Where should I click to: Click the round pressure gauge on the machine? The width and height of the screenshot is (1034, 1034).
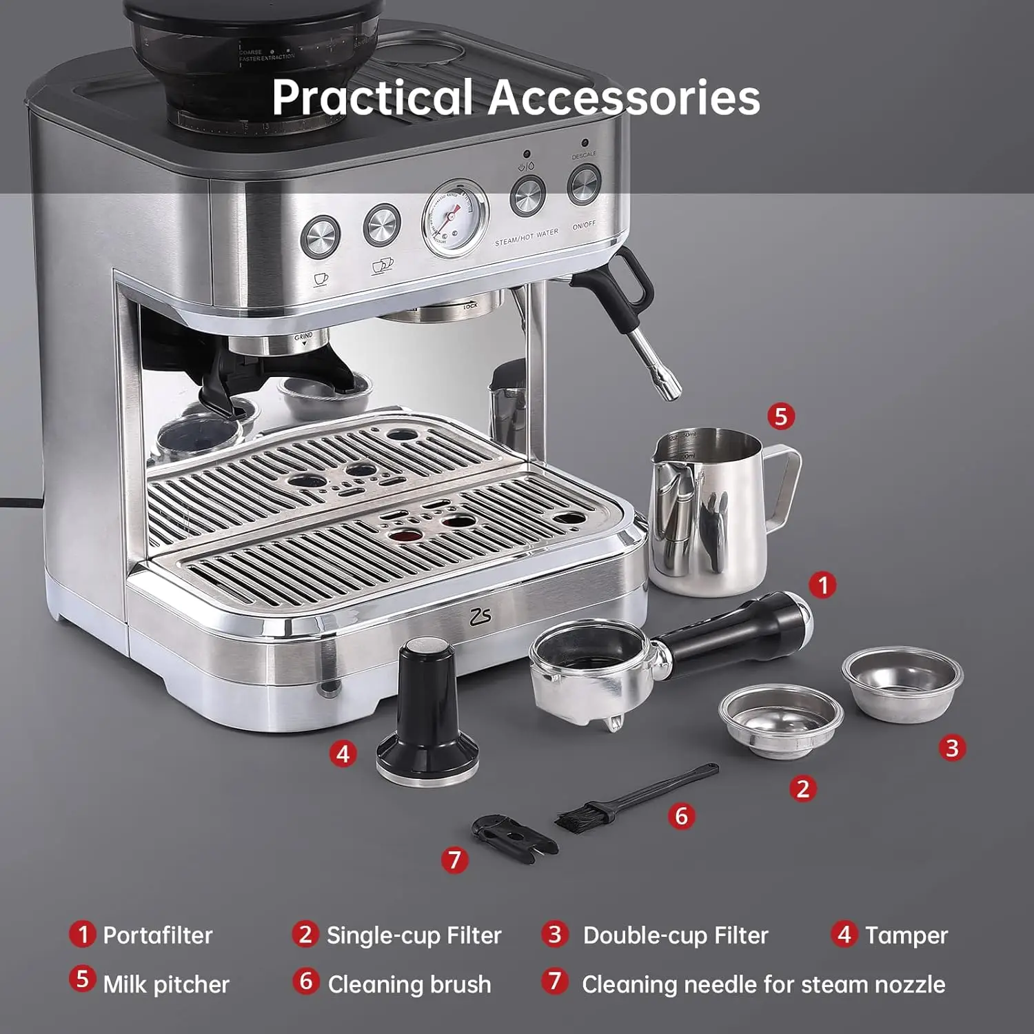[454, 217]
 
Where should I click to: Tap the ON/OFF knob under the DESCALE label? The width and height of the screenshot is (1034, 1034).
[584, 185]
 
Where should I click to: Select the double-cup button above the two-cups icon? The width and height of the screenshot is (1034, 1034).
[382, 225]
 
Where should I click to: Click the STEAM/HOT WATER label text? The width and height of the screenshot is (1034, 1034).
[527, 238]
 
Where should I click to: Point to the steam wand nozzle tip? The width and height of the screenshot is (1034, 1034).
[669, 392]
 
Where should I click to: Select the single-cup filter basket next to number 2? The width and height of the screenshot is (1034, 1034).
[780, 720]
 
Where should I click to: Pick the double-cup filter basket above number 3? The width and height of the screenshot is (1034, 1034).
[902, 682]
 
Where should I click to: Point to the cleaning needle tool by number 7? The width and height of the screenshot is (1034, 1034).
[514, 838]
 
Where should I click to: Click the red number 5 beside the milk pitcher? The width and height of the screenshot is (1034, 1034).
[780, 416]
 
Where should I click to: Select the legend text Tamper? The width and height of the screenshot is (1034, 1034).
[906, 935]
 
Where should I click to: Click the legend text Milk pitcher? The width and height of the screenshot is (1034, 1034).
[165, 984]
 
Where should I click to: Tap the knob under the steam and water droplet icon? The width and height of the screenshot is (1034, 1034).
[527, 196]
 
